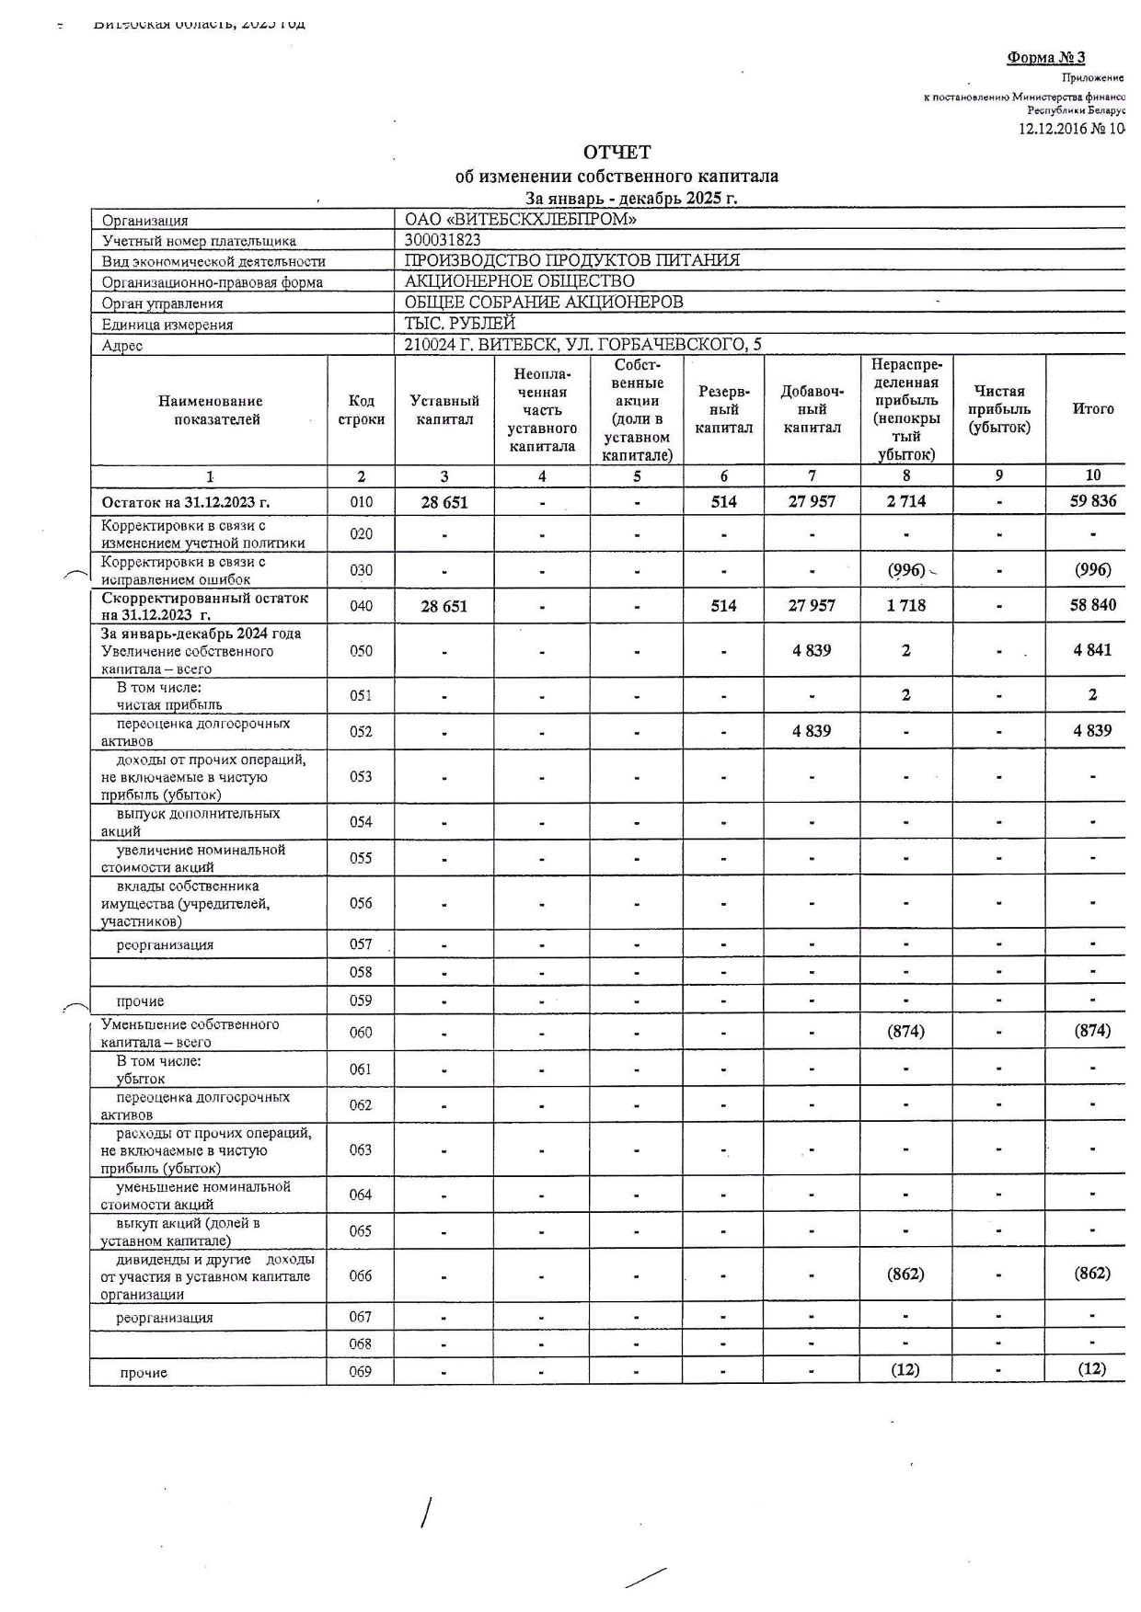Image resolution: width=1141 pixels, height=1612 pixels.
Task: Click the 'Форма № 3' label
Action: pyautogui.click(x=1045, y=58)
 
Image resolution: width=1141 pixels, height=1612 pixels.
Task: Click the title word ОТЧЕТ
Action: pyautogui.click(x=617, y=152)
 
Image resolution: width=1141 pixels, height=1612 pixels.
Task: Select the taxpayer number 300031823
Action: pyautogui.click(x=443, y=240)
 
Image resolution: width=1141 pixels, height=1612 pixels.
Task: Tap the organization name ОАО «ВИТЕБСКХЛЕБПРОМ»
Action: pyautogui.click(x=521, y=220)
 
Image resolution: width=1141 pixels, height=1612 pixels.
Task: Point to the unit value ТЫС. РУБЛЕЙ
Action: pyautogui.click(x=460, y=324)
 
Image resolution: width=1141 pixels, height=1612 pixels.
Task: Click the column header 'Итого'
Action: pyautogui.click(x=1092, y=409)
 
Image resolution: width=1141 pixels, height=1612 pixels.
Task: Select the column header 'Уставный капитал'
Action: pyautogui.click(x=444, y=410)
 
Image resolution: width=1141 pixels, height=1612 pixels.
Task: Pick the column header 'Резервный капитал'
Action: pyautogui.click(x=723, y=410)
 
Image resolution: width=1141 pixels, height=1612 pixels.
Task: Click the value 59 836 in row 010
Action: pyautogui.click(x=1092, y=502)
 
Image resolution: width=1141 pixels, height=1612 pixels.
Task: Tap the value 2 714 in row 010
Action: pyautogui.click(x=905, y=502)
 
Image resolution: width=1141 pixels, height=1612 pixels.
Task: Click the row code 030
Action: pyautogui.click(x=361, y=570)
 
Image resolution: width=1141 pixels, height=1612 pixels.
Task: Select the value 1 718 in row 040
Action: pyautogui.click(x=905, y=606)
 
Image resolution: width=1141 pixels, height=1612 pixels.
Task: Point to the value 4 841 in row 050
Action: pyautogui.click(x=1092, y=650)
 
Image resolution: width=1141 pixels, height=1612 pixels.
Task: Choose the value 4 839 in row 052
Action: pyautogui.click(x=811, y=731)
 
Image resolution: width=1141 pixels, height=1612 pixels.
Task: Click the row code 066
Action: pyautogui.click(x=361, y=1275)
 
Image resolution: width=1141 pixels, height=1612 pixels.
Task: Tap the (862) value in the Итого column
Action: pyautogui.click(x=1092, y=1274)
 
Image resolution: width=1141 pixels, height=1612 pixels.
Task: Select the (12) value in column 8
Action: pyautogui.click(x=905, y=1369)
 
